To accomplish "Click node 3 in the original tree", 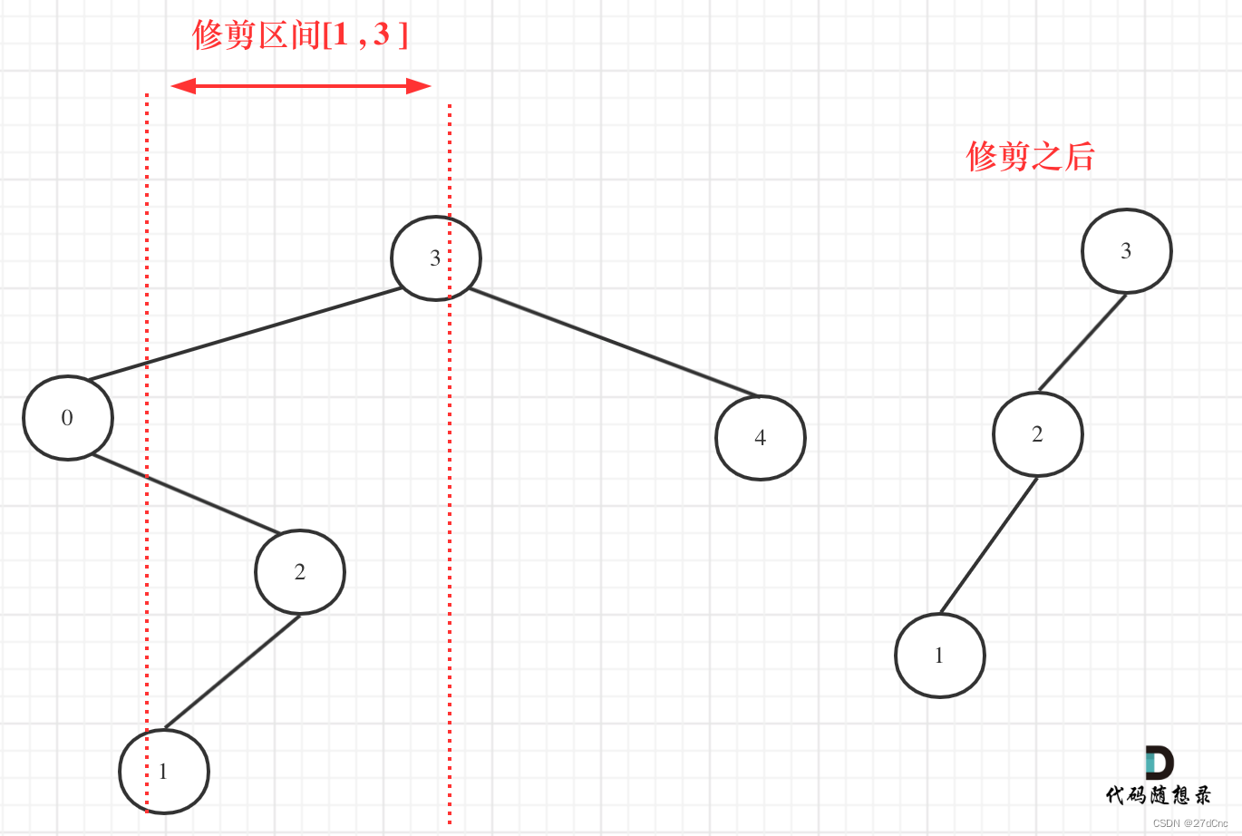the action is [435, 258].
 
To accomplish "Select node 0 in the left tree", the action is [68, 418].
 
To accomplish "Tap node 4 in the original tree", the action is [760, 438].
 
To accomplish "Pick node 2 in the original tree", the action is [299, 572].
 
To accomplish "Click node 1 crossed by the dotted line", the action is [164, 772].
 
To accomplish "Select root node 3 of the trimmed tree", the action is [1126, 251].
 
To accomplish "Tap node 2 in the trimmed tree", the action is [1037, 434].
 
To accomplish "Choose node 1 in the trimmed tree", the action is [939, 656].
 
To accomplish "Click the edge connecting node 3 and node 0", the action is [245, 334].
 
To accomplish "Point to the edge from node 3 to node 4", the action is [613, 342].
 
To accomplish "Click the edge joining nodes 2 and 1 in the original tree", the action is [232, 672].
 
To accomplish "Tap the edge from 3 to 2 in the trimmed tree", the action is [1082, 343].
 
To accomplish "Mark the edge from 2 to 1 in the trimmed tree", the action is [988, 544].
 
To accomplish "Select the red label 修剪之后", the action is [1030, 156].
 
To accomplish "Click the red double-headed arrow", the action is [300, 86].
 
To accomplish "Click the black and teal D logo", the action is [1159, 763].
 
